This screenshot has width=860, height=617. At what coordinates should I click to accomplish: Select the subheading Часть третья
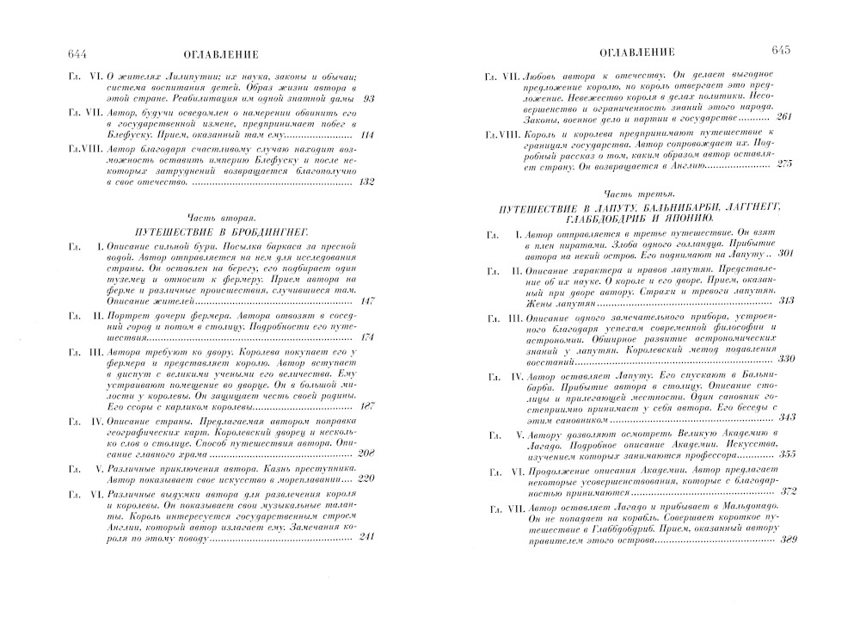click(634, 194)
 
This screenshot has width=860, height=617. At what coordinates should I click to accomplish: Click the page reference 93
click(372, 100)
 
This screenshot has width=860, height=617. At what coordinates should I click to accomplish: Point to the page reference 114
click(369, 135)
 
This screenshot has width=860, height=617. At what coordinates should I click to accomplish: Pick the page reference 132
click(367, 182)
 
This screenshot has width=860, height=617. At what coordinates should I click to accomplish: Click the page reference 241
click(366, 538)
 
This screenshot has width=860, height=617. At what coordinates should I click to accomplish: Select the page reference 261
click(784, 117)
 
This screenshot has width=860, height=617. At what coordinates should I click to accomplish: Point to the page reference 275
click(783, 164)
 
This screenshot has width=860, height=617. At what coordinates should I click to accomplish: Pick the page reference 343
click(783, 417)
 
